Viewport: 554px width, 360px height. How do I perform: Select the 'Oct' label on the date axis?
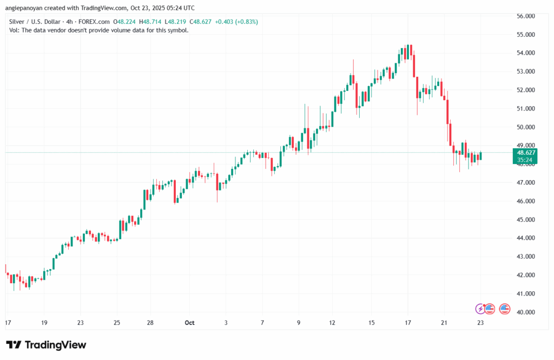[189, 323]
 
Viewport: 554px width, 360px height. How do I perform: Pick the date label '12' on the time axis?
[332, 323]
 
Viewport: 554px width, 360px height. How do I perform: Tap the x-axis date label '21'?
[444, 323]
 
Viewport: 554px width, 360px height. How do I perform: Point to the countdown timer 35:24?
[524, 160]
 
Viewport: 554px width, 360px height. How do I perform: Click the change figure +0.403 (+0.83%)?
[236, 22]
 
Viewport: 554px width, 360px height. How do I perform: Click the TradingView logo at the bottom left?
[45, 345]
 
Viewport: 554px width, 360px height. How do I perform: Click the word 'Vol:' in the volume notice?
[15, 30]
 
